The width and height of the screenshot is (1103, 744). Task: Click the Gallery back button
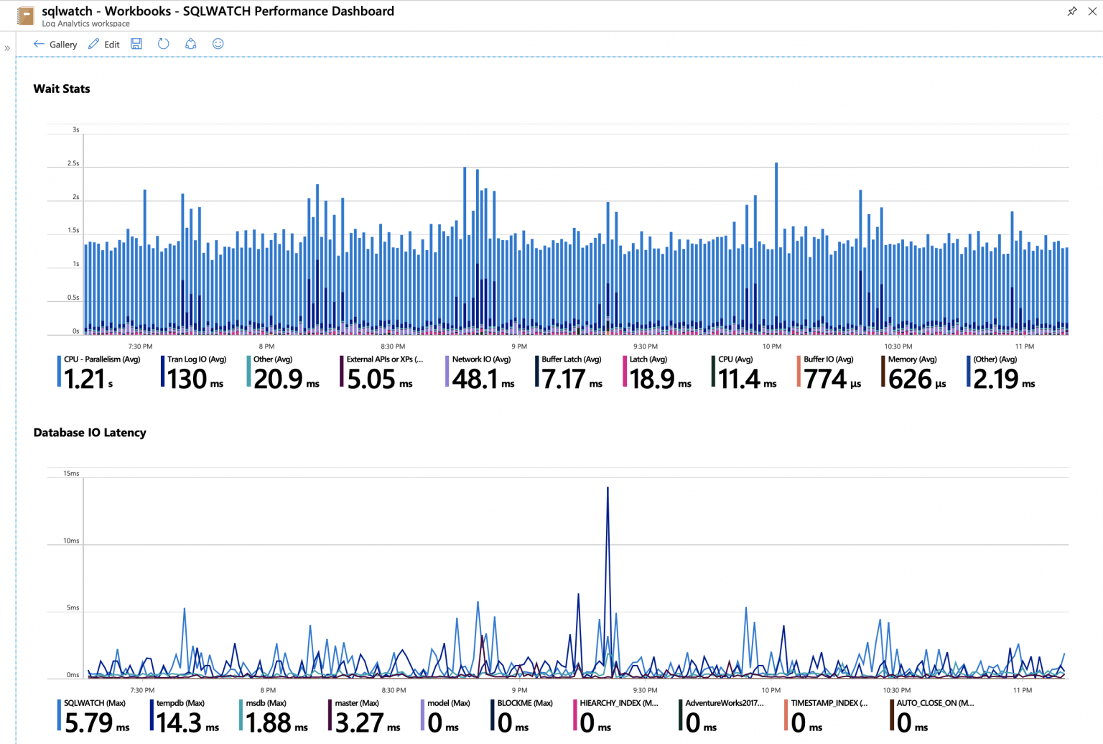coord(55,45)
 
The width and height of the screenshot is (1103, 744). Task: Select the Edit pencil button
coord(103,45)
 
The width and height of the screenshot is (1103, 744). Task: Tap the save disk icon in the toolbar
coord(136,44)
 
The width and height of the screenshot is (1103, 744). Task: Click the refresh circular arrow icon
coord(164,44)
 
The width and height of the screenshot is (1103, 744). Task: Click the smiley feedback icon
coord(218,44)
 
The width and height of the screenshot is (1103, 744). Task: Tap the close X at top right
coord(1092,12)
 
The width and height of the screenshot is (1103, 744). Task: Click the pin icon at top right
coord(1072,12)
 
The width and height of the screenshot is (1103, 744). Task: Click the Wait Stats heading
coord(62,89)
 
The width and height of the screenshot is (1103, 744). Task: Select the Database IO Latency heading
coord(90,433)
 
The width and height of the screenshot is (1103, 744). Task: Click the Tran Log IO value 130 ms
coord(195,379)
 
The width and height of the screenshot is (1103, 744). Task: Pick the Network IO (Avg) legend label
coord(481,359)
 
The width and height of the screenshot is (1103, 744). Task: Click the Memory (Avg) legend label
coord(912,359)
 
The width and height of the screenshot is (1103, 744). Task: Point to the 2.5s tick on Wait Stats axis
coord(73,164)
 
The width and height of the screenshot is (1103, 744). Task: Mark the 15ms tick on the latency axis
coord(71,474)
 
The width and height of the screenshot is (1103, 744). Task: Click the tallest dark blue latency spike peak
coord(608,488)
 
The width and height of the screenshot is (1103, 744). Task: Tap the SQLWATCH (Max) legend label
coord(95,703)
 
